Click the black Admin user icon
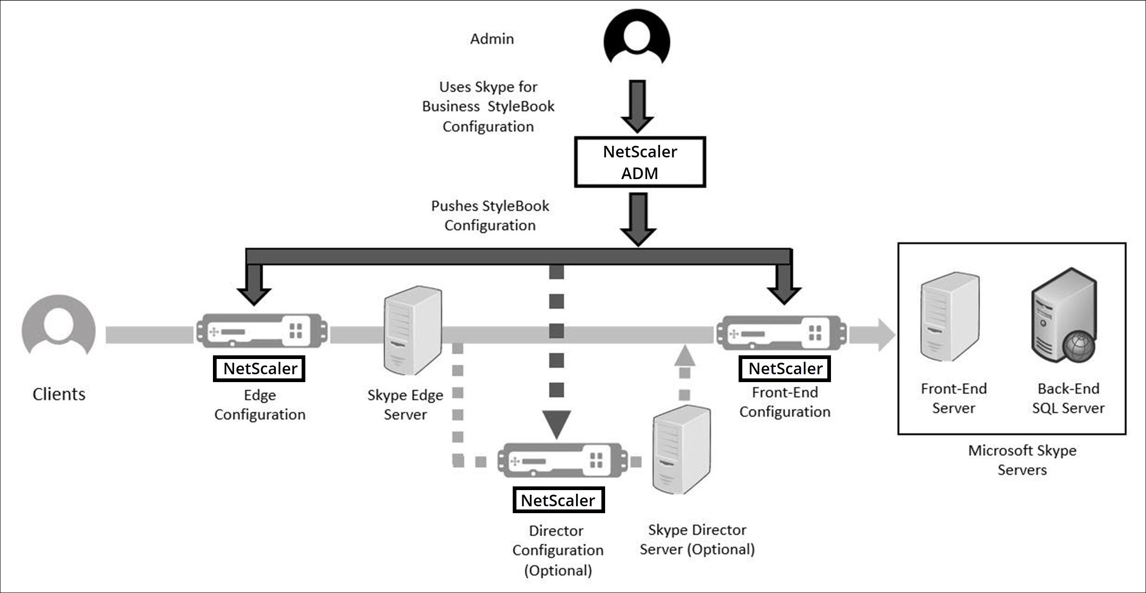[x=637, y=37]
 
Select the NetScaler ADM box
[x=640, y=162]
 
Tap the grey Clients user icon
[x=59, y=325]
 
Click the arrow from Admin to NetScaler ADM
[x=637, y=107]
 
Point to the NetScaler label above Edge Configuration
[x=259, y=368]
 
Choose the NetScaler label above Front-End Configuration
[x=785, y=368]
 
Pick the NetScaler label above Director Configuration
[x=558, y=500]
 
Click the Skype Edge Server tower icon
[x=413, y=330]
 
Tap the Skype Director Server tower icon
[x=681, y=449]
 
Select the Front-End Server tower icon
[x=950, y=317]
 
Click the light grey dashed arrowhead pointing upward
[x=685, y=355]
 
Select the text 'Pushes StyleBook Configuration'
[x=490, y=216]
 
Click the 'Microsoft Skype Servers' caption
[x=1022, y=460]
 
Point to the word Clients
[x=59, y=394]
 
